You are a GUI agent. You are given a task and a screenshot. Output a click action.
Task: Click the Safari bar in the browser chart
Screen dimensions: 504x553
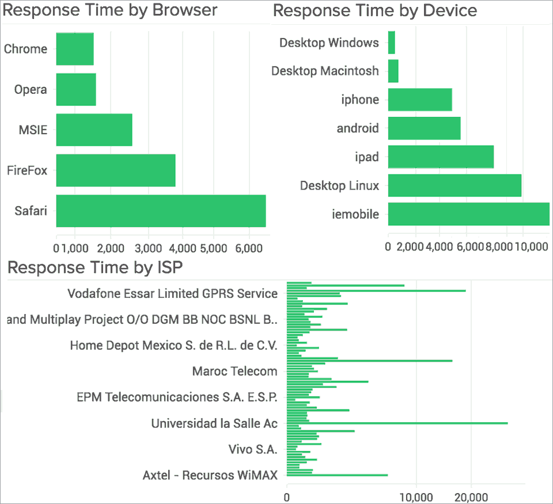161,211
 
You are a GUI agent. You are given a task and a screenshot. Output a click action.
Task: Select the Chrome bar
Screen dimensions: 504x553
75,49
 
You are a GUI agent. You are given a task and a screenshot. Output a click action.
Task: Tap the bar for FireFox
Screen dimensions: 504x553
116,170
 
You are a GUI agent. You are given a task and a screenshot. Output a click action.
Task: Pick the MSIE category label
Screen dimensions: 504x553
33,130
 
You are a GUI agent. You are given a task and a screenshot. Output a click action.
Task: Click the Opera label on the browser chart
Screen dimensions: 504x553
31,89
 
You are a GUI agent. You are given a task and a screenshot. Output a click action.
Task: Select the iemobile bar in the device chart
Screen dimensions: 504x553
468,214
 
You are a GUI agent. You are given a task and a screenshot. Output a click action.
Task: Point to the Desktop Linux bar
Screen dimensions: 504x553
454,185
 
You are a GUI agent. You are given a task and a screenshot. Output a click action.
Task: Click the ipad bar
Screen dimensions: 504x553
441,157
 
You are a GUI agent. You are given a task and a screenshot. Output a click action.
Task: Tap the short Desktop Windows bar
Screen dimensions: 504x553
392,43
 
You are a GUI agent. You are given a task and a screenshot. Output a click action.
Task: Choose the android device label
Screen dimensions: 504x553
358,128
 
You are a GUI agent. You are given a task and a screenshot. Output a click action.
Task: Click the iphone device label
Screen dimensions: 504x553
360,100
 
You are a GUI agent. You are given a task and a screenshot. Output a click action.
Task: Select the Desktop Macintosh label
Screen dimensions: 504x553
325,71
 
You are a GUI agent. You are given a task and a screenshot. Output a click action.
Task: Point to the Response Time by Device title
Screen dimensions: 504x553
375,10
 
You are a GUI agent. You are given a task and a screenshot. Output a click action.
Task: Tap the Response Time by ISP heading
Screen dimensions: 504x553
96,267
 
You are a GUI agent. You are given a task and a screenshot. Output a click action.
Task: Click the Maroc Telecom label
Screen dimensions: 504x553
234,372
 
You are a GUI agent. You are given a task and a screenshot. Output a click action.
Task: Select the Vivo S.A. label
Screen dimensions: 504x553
253,449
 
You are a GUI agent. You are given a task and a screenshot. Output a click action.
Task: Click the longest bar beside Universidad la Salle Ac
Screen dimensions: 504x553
397,423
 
